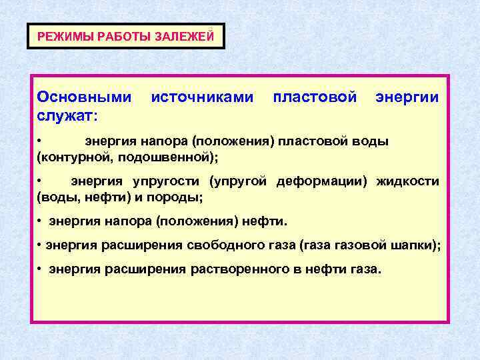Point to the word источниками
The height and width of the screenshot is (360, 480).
[203, 97]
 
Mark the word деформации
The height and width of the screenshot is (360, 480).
[319, 181]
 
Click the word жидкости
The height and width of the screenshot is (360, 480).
[407, 181]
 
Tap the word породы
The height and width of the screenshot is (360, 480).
[174, 198]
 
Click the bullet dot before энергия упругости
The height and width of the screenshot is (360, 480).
[40, 181]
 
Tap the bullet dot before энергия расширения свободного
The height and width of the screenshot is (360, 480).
[40, 245]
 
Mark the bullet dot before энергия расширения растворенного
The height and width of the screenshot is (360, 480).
[41, 269]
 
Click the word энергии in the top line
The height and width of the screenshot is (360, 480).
[407, 97]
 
